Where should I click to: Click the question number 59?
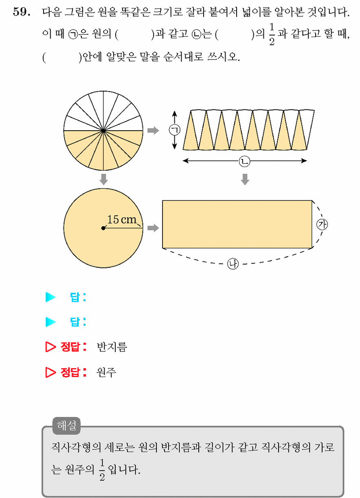pyautogui.click(x=21, y=12)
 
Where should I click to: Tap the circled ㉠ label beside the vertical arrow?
pyautogui.click(x=175, y=130)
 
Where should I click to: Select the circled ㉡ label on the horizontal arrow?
pyautogui.click(x=244, y=161)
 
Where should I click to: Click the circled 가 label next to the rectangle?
pyautogui.click(x=322, y=224)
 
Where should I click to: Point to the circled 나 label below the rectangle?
pyautogui.click(x=233, y=264)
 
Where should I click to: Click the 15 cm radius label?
pyautogui.click(x=122, y=219)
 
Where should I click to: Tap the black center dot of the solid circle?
pyautogui.click(x=103, y=228)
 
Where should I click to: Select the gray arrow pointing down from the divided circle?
pyautogui.click(x=103, y=179)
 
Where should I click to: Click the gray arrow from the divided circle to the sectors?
pyautogui.click(x=153, y=130)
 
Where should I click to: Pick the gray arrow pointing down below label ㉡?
pyautogui.click(x=245, y=179)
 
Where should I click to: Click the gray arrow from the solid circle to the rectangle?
pyautogui.click(x=153, y=228)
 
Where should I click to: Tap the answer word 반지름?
pyautogui.click(x=112, y=347)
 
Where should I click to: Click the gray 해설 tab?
pyautogui.click(x=66, y=425)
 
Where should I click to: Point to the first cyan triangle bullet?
pyautogui.click(x=50, y=297)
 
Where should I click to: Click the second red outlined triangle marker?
pyautogui.click(x=50, y=372)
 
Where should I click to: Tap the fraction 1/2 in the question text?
pyautogui.click(x=272, y=34)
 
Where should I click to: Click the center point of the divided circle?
pyautogui.click(x=103, y=131)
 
